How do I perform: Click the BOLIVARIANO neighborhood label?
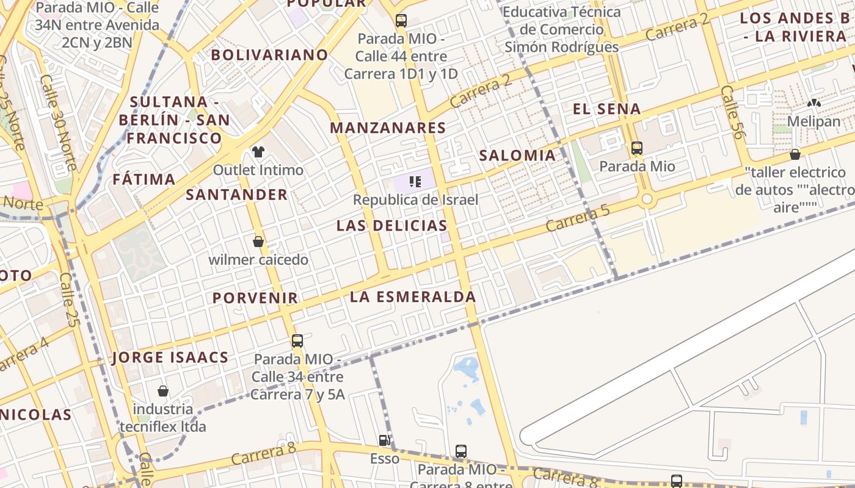pos(269,55)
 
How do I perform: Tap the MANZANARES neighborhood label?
pos(388,128)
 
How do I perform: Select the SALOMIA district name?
pos(517,156)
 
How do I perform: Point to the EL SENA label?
pos(606,110)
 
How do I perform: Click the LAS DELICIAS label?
pos(391,226)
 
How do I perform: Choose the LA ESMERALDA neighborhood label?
pos(413,297)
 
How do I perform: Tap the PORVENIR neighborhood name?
pos(255,298)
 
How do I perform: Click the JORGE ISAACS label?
pos(170,357)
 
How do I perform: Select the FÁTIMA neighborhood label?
pos(144,179)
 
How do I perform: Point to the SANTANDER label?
pos(236,195)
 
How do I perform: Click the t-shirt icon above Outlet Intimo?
pos(258,151)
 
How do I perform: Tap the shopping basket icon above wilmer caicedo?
pos(258,242)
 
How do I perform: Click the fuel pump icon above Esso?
pos(384,440)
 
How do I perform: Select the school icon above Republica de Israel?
pos(415,181)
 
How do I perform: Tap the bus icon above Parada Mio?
pos(637,148)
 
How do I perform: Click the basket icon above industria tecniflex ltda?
pos(163,390)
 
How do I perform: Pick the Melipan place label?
pos(813,121)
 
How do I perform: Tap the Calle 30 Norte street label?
pos(59,122)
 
